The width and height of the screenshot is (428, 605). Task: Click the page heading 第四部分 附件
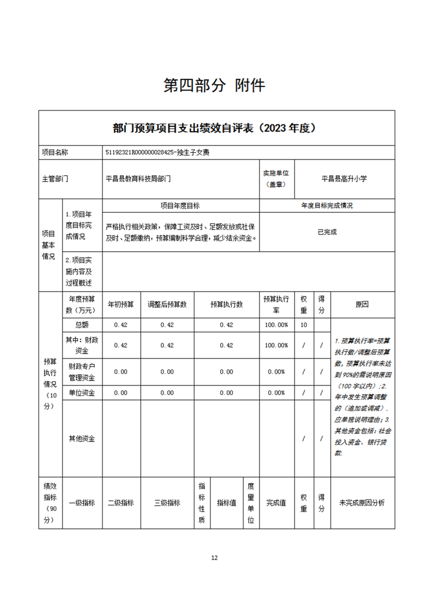(214, 86)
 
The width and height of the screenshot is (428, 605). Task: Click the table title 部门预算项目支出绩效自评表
(214, 128)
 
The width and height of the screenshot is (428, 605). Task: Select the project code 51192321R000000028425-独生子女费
(158, 153)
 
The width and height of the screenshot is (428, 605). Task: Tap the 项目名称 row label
(55, 153)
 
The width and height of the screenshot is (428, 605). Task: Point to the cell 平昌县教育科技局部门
(138, 178)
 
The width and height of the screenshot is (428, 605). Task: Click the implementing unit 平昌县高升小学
(344, 178)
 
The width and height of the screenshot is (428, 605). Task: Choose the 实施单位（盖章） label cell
(276, 178)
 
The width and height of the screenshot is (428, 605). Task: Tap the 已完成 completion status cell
(327, 232)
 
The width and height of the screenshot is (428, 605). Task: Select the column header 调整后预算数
(167, 304)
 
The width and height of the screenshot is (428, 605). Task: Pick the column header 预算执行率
(276, 304)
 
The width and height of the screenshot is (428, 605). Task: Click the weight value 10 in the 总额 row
(304, 325)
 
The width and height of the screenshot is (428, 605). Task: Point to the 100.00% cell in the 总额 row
(276, 325)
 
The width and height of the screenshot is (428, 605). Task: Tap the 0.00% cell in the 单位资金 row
(276, 393)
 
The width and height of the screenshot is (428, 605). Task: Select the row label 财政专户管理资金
(81, 372)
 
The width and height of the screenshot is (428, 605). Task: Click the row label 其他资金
(81, 438)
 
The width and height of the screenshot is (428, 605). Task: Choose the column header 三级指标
(167, 503)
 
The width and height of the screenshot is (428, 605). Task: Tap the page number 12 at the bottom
(214, 558)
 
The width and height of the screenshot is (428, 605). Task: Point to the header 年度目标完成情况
(327, 206)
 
